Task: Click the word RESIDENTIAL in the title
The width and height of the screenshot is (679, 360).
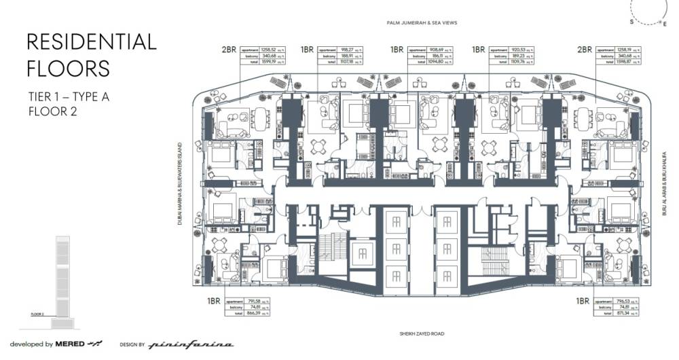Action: point(91,42)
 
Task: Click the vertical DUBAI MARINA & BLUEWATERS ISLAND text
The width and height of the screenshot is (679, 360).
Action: point(181,183)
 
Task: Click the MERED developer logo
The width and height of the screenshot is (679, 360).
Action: point(70,344)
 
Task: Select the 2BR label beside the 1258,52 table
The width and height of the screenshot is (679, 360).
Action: point(229,50)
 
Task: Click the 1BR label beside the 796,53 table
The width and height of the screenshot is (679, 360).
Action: point(582,300)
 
